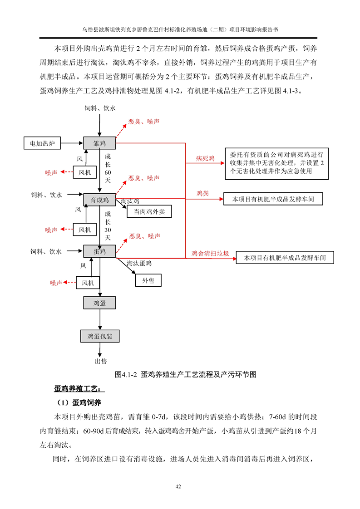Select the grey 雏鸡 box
(x=99, y=143)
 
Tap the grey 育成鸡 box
(x=99, y=200)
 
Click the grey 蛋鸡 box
(x=99, y=251)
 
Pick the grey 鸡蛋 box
(x=99, y=303)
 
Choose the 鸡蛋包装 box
(x=100, y=337)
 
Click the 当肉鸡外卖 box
(x=143, y=211)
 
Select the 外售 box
(x=148, y=281)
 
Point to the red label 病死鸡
(x=205, y=159)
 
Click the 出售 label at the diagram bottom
(x=100, y=361)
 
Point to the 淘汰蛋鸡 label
(x=139, y=263)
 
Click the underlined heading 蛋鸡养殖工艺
(x=79, y=389)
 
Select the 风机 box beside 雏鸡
(x=84, y=172)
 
